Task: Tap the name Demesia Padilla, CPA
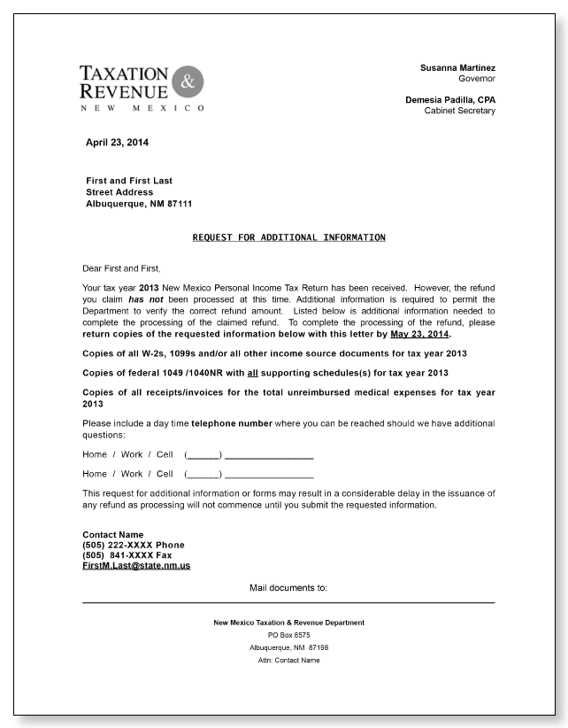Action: pos(450,99)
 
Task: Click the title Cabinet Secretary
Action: pos(460,111)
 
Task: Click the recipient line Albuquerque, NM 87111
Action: pos(139,204)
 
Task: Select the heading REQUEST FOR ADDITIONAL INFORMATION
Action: pos(288,237)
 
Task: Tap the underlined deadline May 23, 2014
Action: pos(420,336)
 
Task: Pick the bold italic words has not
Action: pos(146,300)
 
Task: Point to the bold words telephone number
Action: pos(231,424)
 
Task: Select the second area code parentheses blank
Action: pos(203,474)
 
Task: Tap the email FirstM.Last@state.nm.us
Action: pos(136,565)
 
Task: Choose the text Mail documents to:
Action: pos(288,587)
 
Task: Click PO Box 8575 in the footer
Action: pos(288,635)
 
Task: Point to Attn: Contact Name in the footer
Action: pos(288,660)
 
